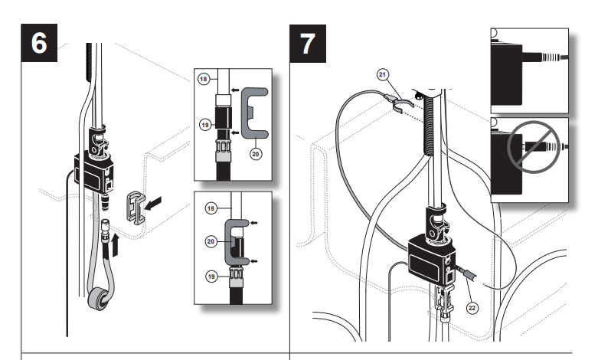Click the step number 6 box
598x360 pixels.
click(x=38, y=43)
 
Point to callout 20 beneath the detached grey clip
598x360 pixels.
click(x=255, y=153)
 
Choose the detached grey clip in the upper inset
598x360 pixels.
click(x=255, y=116)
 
